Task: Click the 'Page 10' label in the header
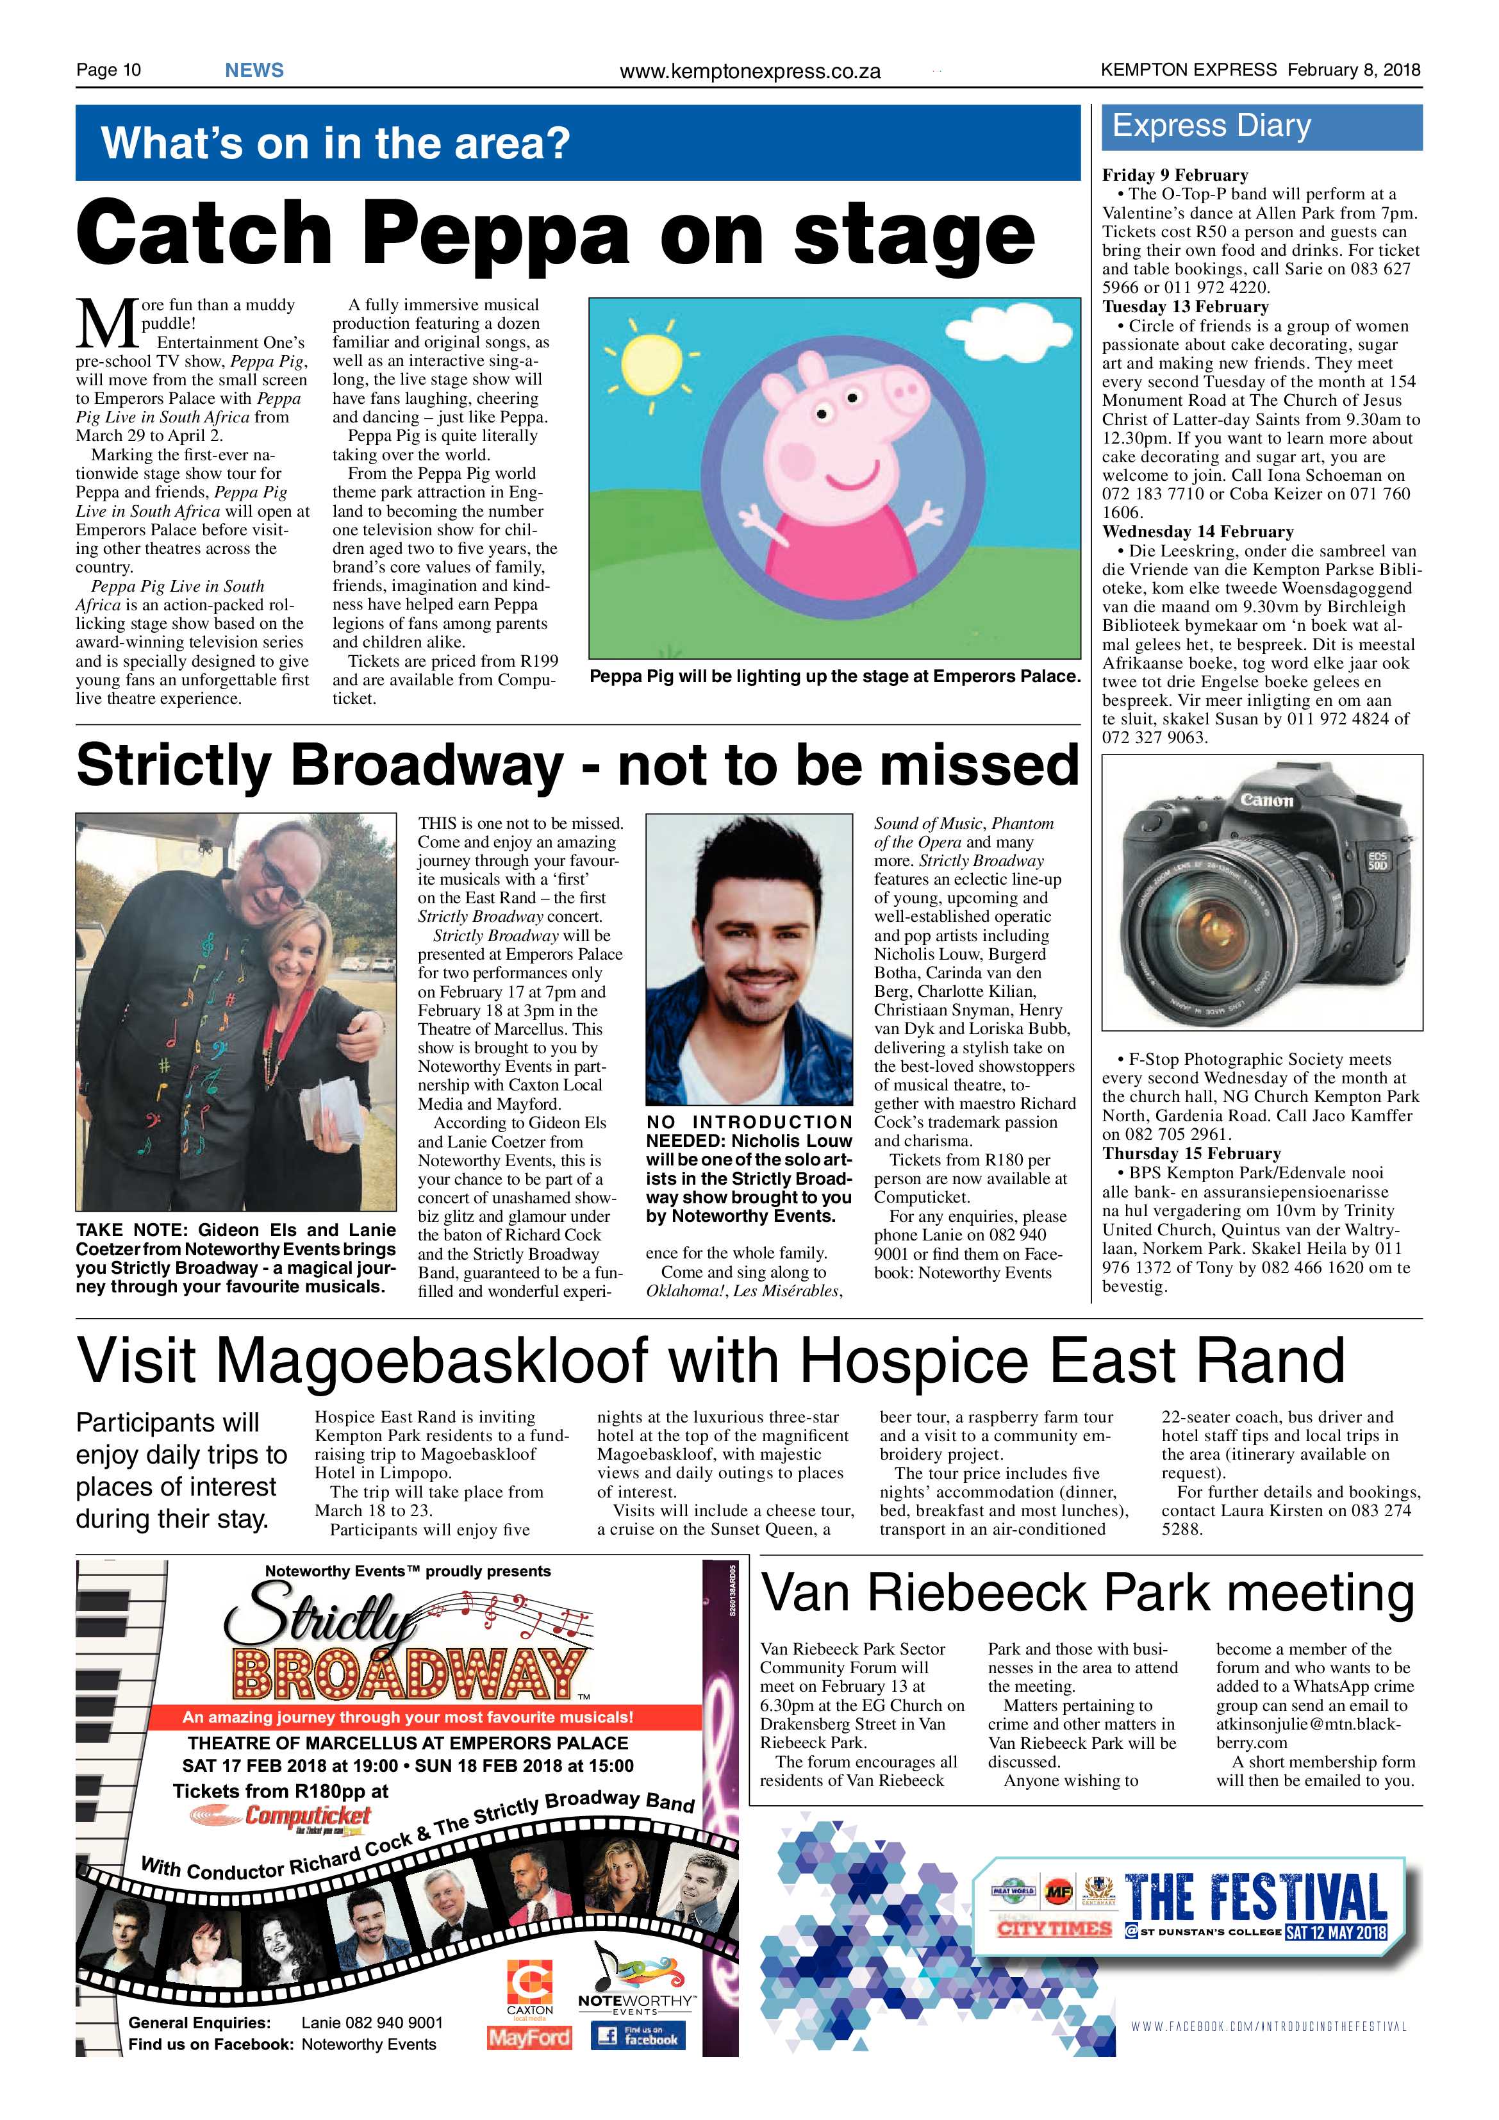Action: click(x=108, y=70)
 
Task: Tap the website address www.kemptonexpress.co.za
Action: click(x=750, y=71)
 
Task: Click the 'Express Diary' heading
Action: click(x=1211, y=126)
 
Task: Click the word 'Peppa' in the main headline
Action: click(x=495, y=233)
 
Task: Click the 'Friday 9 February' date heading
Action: click(x=1174, y=176)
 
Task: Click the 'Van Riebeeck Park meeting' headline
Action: click(x=1086, y=1593)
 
